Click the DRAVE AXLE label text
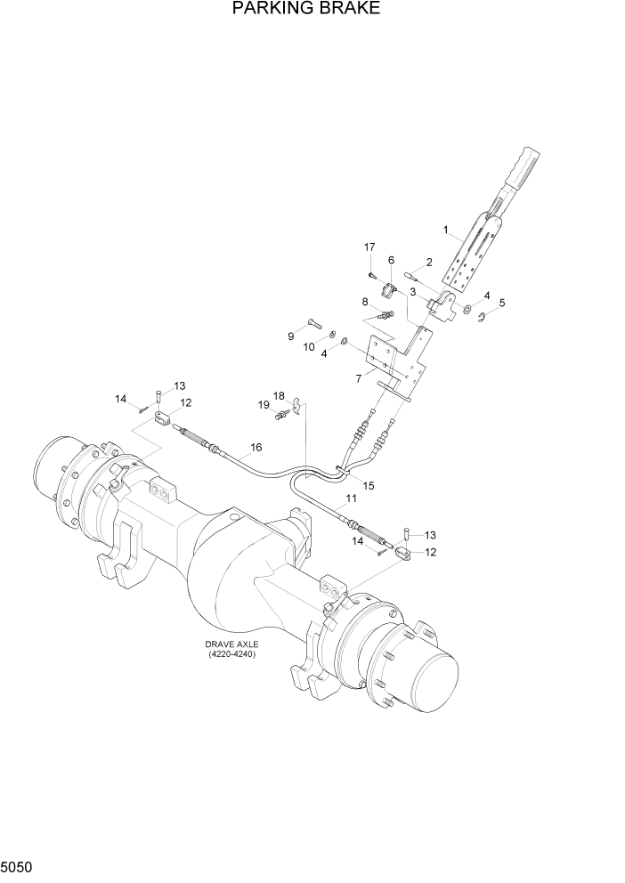(x=231, y=644)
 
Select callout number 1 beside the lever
(x=445, y=230)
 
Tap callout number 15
(x=368, y=486)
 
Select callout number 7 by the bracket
(x=358, y=378)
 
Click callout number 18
(x=279, y=395)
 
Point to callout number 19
(x=264, y=406)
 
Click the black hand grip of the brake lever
(x=520, y=165)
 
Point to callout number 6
(x=390, y=259)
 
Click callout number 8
(x=365, y=302)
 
